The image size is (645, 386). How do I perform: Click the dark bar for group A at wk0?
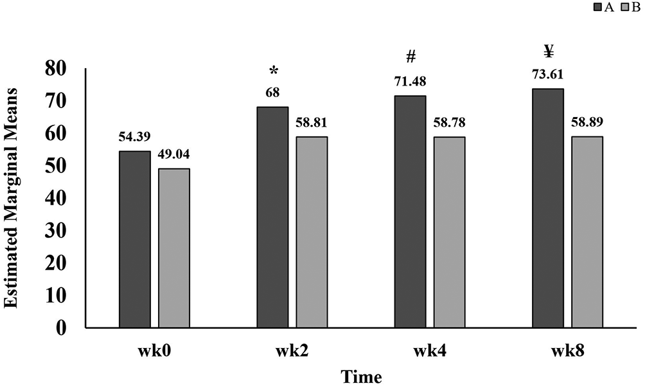click(135, 240)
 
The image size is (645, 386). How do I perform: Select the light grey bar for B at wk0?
click(174, 248)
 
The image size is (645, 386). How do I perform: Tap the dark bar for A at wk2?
click(272, 217)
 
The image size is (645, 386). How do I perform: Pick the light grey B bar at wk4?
click(450, 232)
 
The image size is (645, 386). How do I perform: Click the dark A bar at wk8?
click(548, 208)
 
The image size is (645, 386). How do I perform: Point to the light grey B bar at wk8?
click(587, 232)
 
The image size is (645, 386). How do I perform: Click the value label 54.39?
click(134, 137)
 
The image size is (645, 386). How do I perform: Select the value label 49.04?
click(174, 154)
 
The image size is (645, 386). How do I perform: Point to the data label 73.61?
click(548, 75)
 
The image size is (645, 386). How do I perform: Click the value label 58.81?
click(312, 122)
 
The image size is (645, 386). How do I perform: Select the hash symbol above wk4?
click(411, 58)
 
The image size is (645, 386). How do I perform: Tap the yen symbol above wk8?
click(548, 51)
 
